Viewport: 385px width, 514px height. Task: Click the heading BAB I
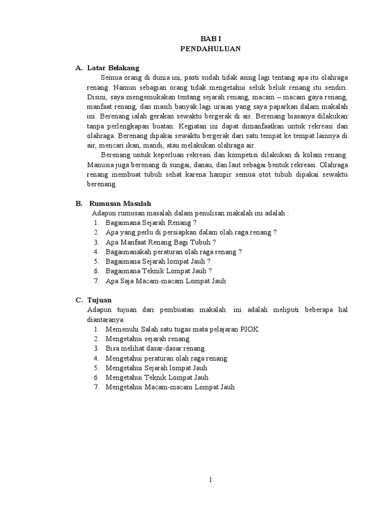[x=211, y=39]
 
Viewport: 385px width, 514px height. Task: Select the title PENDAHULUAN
[x=211, y=49]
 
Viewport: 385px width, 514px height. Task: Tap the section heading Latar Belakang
[x=113, y=68]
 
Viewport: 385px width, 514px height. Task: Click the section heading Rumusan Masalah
[x=120, y=203]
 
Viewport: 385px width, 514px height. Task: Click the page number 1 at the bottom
[x=211, y=480]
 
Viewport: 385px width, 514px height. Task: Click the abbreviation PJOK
[x=248, y=329]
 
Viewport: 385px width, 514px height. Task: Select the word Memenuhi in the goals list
[x=122, y=329]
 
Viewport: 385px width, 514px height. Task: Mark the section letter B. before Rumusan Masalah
[x=79, y=203]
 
